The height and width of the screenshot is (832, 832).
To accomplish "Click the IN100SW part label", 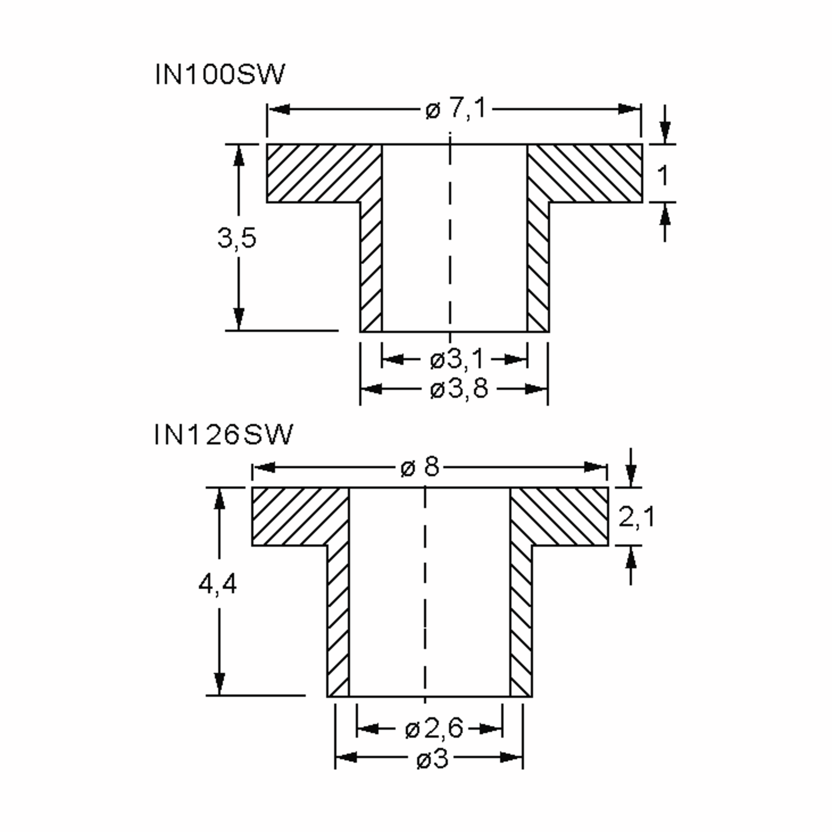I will tap(220, 75).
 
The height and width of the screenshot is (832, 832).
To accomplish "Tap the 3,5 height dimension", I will tap(237, 238).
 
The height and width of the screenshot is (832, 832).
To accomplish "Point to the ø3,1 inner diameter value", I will tap(457, 359).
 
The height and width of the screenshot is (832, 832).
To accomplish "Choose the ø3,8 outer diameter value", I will tap(459, 389).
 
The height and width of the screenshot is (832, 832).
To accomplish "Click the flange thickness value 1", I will tap(663, 176).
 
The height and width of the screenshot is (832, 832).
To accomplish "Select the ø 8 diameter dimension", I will tap(420, 467).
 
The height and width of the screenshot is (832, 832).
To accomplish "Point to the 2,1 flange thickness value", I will tap(636, 517).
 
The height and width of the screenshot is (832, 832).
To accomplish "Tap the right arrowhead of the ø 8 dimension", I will tap(596, 467).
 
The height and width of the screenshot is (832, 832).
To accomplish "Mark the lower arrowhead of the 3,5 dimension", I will tap(239, 319).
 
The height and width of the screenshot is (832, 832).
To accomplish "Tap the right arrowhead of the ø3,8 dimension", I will tap(537, 389).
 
